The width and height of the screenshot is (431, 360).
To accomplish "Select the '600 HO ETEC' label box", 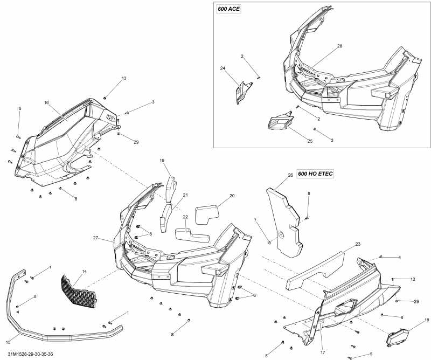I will coord(316,174).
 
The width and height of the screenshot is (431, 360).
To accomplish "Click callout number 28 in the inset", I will coord(340,46).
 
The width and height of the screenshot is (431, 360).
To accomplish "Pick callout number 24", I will coord(222,68).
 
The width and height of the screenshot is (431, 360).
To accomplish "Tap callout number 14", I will coord(84,271).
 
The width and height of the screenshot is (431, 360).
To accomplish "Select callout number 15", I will coord(8,342).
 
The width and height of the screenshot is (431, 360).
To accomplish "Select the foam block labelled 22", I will coord(192,234).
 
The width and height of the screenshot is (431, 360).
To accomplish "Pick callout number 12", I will coord(413,279).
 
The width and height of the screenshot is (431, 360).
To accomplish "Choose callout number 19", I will coord(162,161).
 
